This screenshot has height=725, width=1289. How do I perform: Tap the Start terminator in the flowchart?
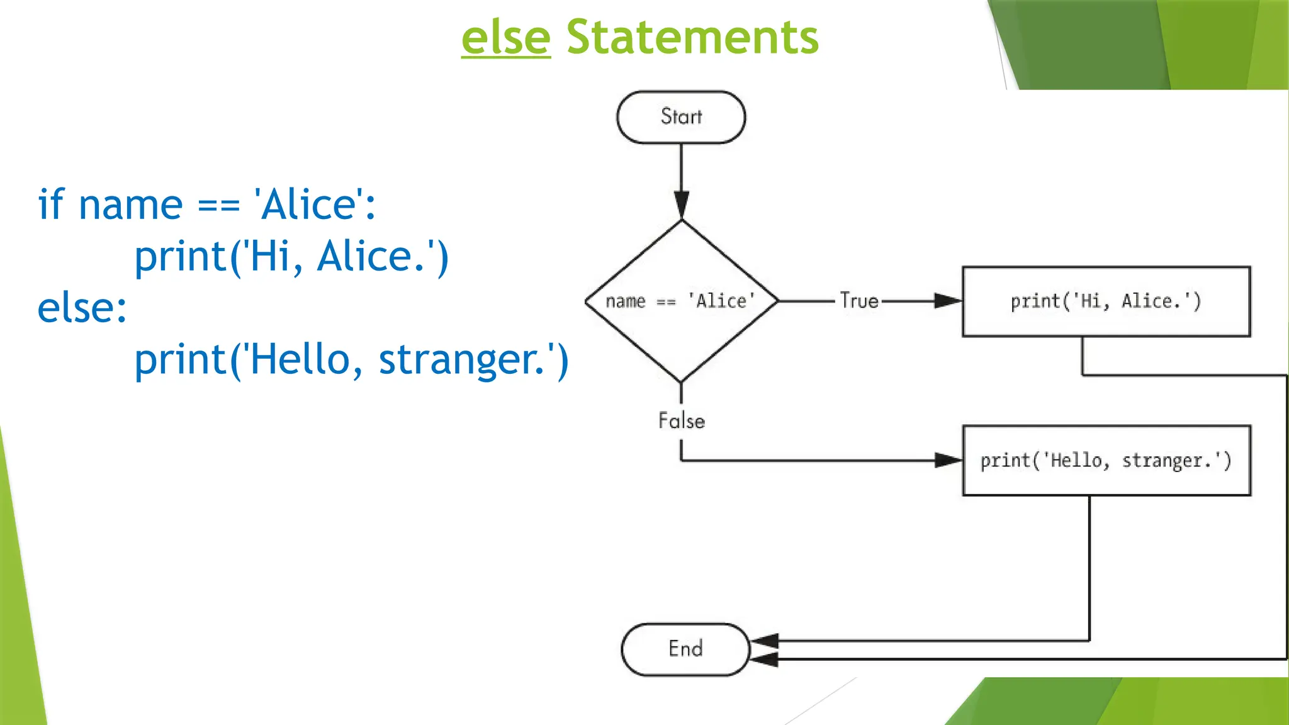point(681,117)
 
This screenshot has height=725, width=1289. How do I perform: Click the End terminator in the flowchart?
point(685,649)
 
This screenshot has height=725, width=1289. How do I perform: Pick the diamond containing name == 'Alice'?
point(681,301)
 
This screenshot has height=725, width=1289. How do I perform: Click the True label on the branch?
point(858,301)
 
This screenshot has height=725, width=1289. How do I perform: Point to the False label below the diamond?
point(681,420)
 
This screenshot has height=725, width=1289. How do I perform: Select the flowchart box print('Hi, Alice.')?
point(1106,301)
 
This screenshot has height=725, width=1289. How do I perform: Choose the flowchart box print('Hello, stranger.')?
point(1106,461)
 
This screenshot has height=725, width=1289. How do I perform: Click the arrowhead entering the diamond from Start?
point(681,205)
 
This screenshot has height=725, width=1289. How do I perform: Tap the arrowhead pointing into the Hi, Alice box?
point(947,301)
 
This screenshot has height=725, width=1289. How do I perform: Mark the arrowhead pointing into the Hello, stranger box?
point(947,461)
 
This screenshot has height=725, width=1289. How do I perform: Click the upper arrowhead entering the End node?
point(765,641)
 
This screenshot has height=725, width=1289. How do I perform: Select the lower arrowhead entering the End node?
point(765,660)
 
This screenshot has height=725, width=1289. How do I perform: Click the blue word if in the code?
point(50,205)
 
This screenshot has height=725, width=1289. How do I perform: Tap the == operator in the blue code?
point(218,206)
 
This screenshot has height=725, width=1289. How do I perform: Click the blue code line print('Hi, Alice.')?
point(291,257)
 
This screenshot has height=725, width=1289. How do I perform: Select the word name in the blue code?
point(130,206)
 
